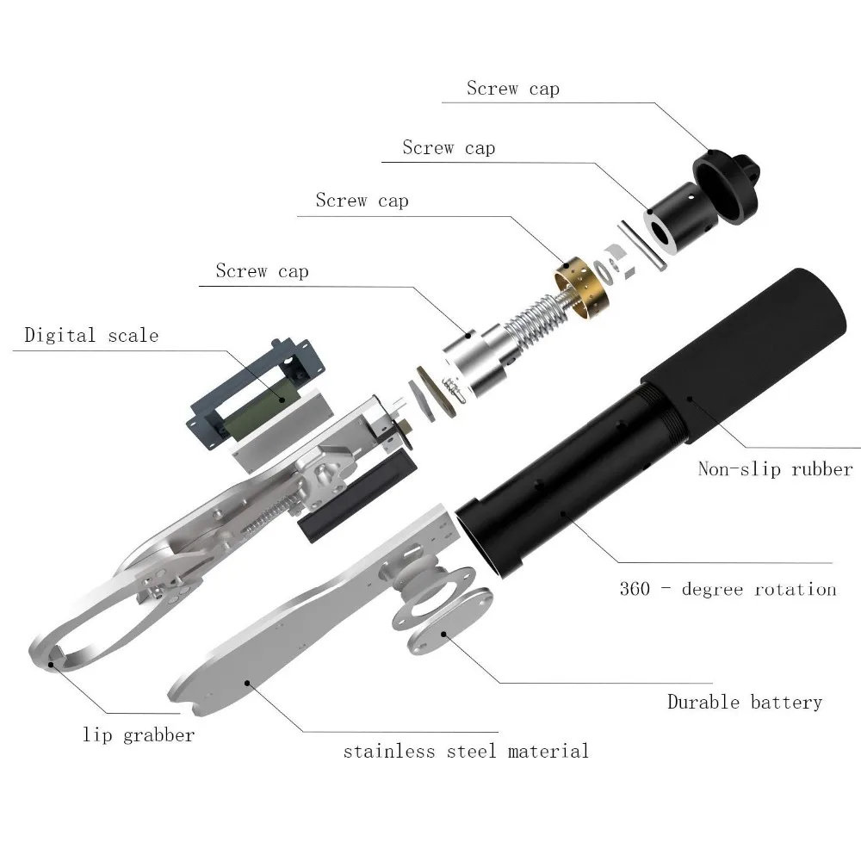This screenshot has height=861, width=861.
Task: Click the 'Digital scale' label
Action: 91,334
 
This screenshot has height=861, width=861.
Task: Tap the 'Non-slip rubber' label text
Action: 775,469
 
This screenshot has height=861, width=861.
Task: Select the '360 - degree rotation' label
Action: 728,590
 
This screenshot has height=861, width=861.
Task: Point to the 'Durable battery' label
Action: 745,703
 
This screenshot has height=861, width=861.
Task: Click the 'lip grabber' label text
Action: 139,735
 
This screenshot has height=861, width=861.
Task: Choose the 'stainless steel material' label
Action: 466,751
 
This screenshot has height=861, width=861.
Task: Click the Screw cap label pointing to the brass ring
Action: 362,201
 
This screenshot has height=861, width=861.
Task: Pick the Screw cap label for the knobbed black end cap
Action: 513,88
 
